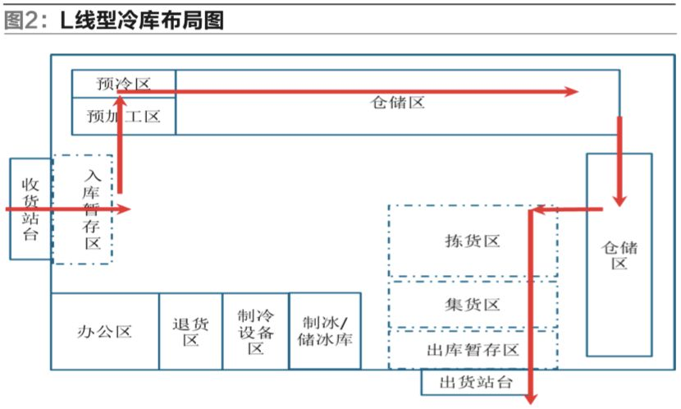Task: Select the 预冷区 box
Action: point(123,83)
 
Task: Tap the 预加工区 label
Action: point(123,117)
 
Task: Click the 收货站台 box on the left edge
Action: point(30,209)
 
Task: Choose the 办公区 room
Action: point(104,332)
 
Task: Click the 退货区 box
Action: point(190,332)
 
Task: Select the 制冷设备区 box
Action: point(255,332)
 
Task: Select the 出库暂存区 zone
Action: point(473,350)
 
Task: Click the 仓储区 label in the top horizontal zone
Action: point(397,103)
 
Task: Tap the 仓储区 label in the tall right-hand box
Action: point(619,255)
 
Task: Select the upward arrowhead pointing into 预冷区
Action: point(120,100)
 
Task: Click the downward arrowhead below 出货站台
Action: point(530,395)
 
